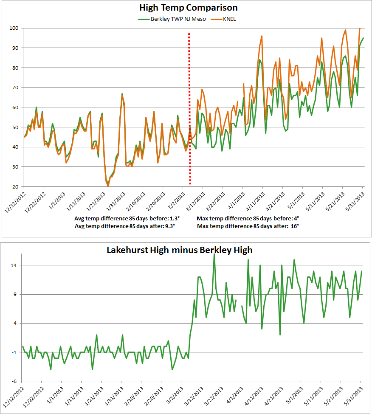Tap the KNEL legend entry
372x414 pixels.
(x=229, y=19)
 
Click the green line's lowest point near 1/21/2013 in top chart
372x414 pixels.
(x=108, y=185)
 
